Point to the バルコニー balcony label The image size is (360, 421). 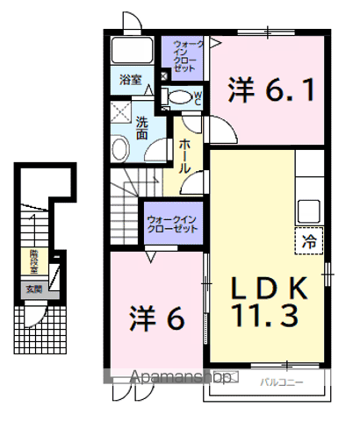pyautogui.click(x=281, y=382)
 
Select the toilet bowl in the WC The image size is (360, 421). pyautogui.click(x=179, y=98)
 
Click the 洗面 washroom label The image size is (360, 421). pyautogui.click(x=142, y=128)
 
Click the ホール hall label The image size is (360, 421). pyautogui.click(x=185, y=154)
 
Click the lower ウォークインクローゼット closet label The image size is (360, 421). pyautogui.click(x=171, y=221)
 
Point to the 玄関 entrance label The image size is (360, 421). pyautogui.click(x=32, y=289)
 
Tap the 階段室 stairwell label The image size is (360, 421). pyautogui.click(x=32, y=259)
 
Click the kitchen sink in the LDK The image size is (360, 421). pyautogui.click(x=310, y=210)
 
